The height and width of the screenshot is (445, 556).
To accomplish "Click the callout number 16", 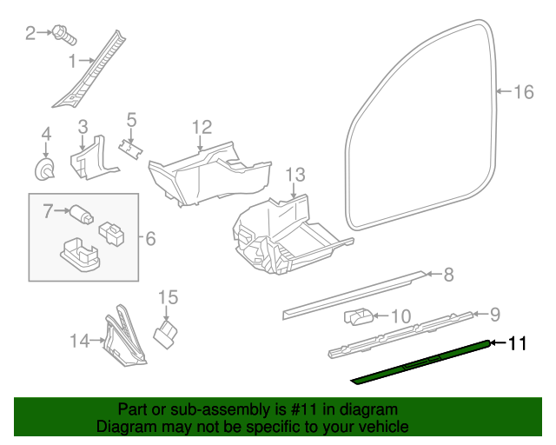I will [x=522, y=92].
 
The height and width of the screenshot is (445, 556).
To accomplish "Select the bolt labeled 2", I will [x=63, y=34].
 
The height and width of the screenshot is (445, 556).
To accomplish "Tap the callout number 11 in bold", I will [x=518, y=343].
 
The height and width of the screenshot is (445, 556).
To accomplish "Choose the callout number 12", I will [x=202, y=127].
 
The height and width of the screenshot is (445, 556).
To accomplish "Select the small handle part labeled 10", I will [x=361, y=315].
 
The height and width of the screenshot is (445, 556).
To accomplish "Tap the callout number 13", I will [x=295, y=174].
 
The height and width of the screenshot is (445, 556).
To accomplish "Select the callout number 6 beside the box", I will [x=149, y=237].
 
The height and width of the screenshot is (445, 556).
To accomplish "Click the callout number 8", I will [x=447, y=276].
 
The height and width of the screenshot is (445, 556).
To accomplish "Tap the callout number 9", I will [x=494, y=314].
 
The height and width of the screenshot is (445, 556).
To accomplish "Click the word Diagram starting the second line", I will [x=122, y=427].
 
